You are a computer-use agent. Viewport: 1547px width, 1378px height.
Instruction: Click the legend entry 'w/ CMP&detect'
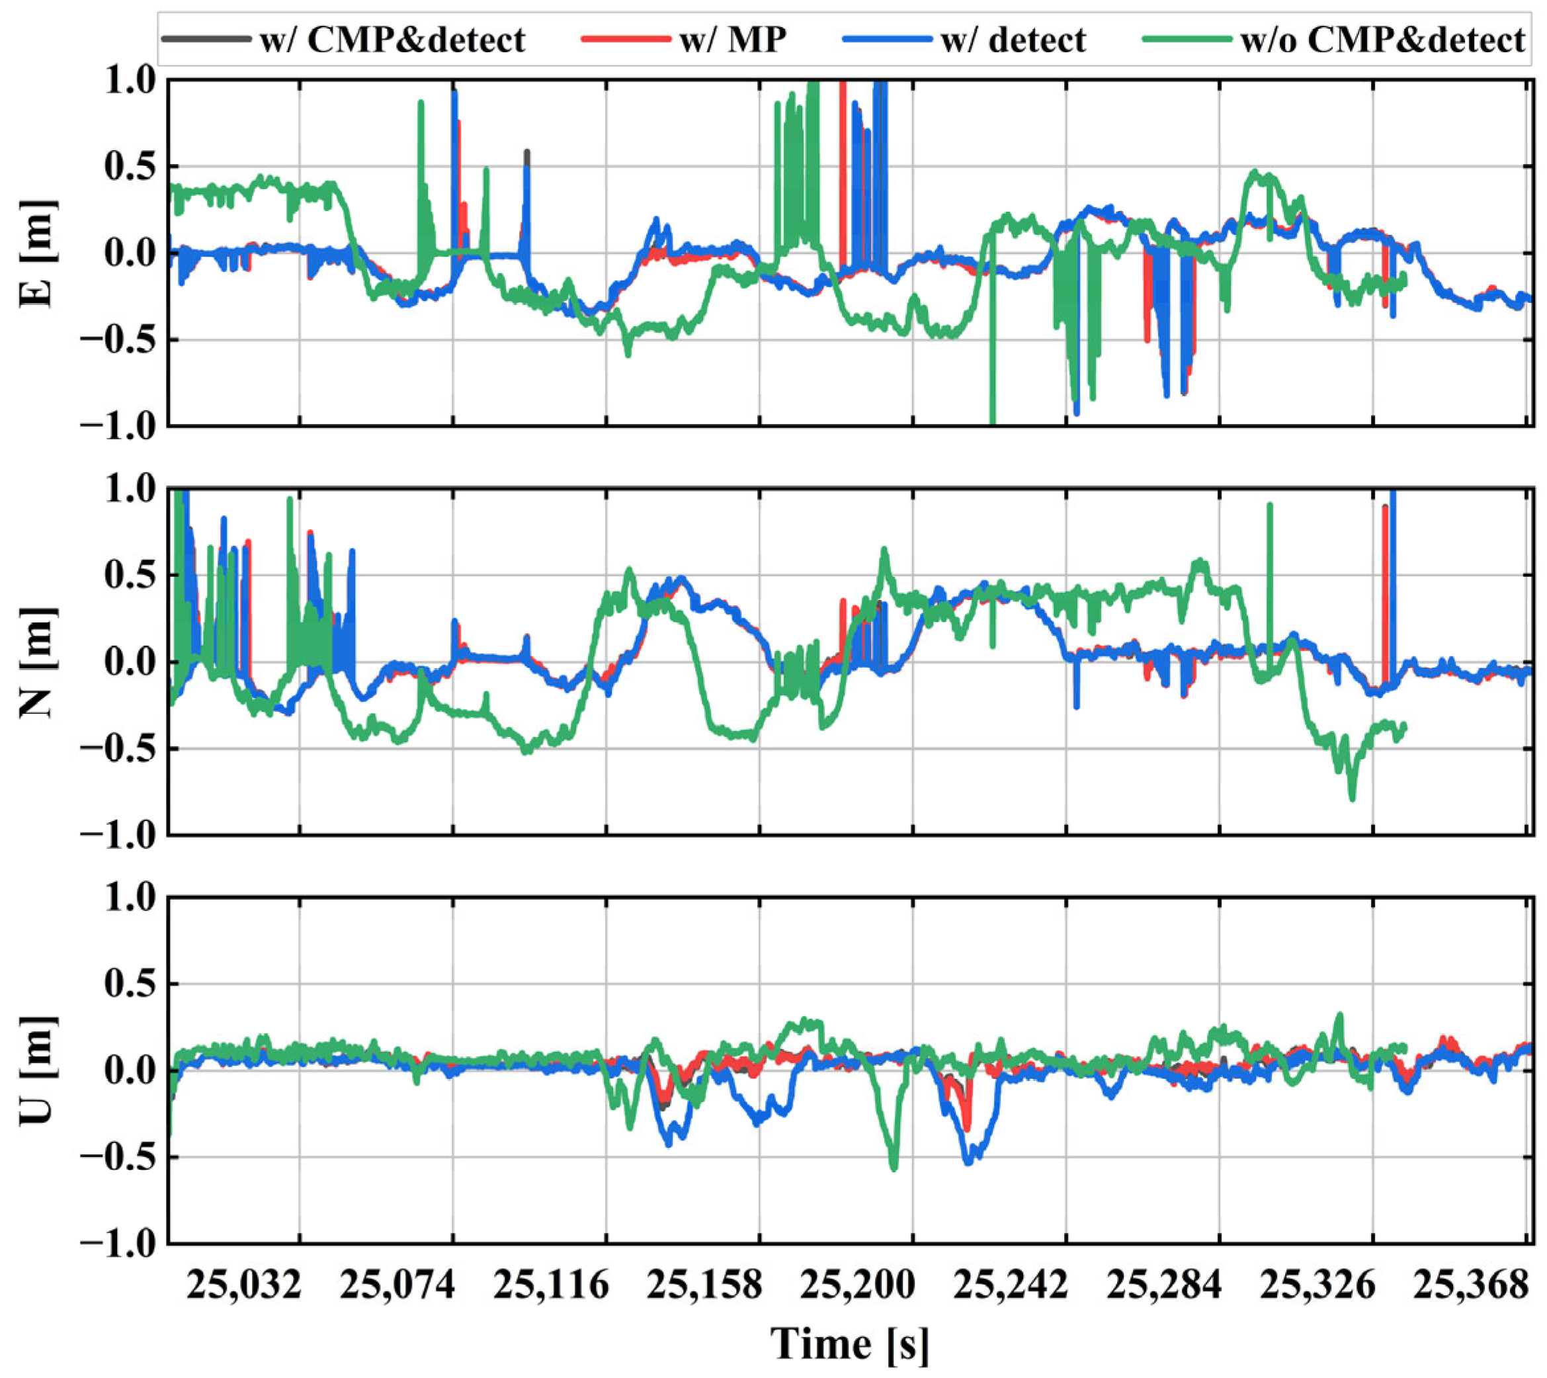(392, 40)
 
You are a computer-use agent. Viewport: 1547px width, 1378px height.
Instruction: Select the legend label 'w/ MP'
(733, 40)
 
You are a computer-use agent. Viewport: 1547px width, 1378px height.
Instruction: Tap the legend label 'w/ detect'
(1013, 40)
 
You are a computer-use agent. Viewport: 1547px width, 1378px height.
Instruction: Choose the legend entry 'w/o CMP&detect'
(1382, 40)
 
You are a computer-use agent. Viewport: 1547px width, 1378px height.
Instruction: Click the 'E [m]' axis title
(38, 253)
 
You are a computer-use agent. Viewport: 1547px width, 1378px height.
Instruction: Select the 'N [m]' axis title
(38, 662)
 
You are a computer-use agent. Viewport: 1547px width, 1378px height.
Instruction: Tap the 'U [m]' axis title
(38, 1070)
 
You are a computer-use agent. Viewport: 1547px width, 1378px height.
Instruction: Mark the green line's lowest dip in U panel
(894, 1168)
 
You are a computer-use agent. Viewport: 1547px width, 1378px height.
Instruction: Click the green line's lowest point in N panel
(1352, 798)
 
